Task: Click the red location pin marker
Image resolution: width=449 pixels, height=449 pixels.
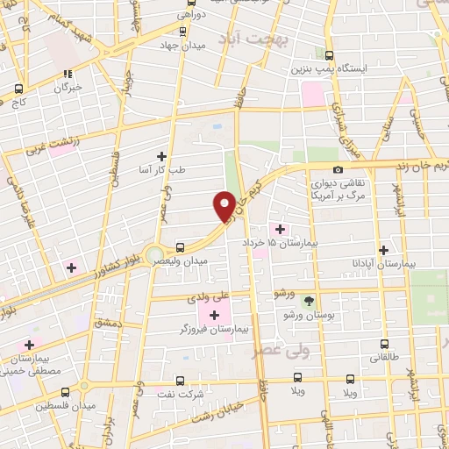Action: point(224,204)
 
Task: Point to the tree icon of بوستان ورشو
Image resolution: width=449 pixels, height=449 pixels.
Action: point(308,300)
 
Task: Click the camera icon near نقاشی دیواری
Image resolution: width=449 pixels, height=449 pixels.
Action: point(339,169)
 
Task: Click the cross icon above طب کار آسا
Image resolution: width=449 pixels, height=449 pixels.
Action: point(160,155)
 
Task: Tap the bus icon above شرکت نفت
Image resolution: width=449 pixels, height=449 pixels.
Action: point(180,381)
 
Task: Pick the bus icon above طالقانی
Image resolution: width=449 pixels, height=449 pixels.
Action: point(384,344)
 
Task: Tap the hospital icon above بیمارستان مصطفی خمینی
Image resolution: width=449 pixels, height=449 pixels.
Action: point(29,345)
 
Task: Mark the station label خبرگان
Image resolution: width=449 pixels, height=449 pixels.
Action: point(68,88)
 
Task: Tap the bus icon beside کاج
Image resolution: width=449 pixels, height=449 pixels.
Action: point(18,89)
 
